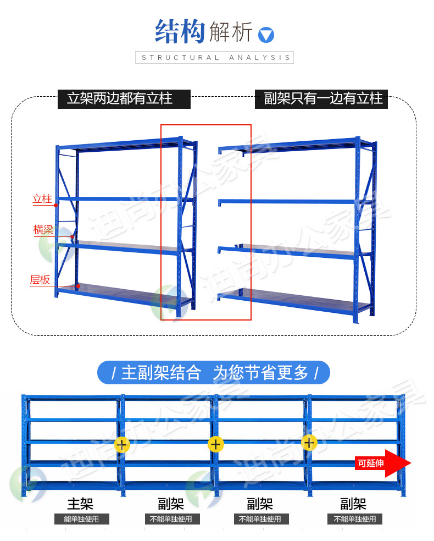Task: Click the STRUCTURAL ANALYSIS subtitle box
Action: [214, 57]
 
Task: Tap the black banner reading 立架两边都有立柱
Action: [124, 99]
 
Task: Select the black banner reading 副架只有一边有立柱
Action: [321, 99]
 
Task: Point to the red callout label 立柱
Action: [42, 199]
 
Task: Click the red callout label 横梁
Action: [43, 229]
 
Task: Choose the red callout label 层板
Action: [40, 280]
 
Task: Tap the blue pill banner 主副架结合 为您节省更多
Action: [214, 373]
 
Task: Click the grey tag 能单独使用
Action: [81, 519]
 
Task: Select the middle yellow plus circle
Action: [216, 444]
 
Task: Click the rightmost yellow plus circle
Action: [310, 442]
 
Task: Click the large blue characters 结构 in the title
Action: [180, 32]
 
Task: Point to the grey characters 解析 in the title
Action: [231, 32]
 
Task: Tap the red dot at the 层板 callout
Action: [78, 286]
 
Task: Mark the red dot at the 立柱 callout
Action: [56, 205]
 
